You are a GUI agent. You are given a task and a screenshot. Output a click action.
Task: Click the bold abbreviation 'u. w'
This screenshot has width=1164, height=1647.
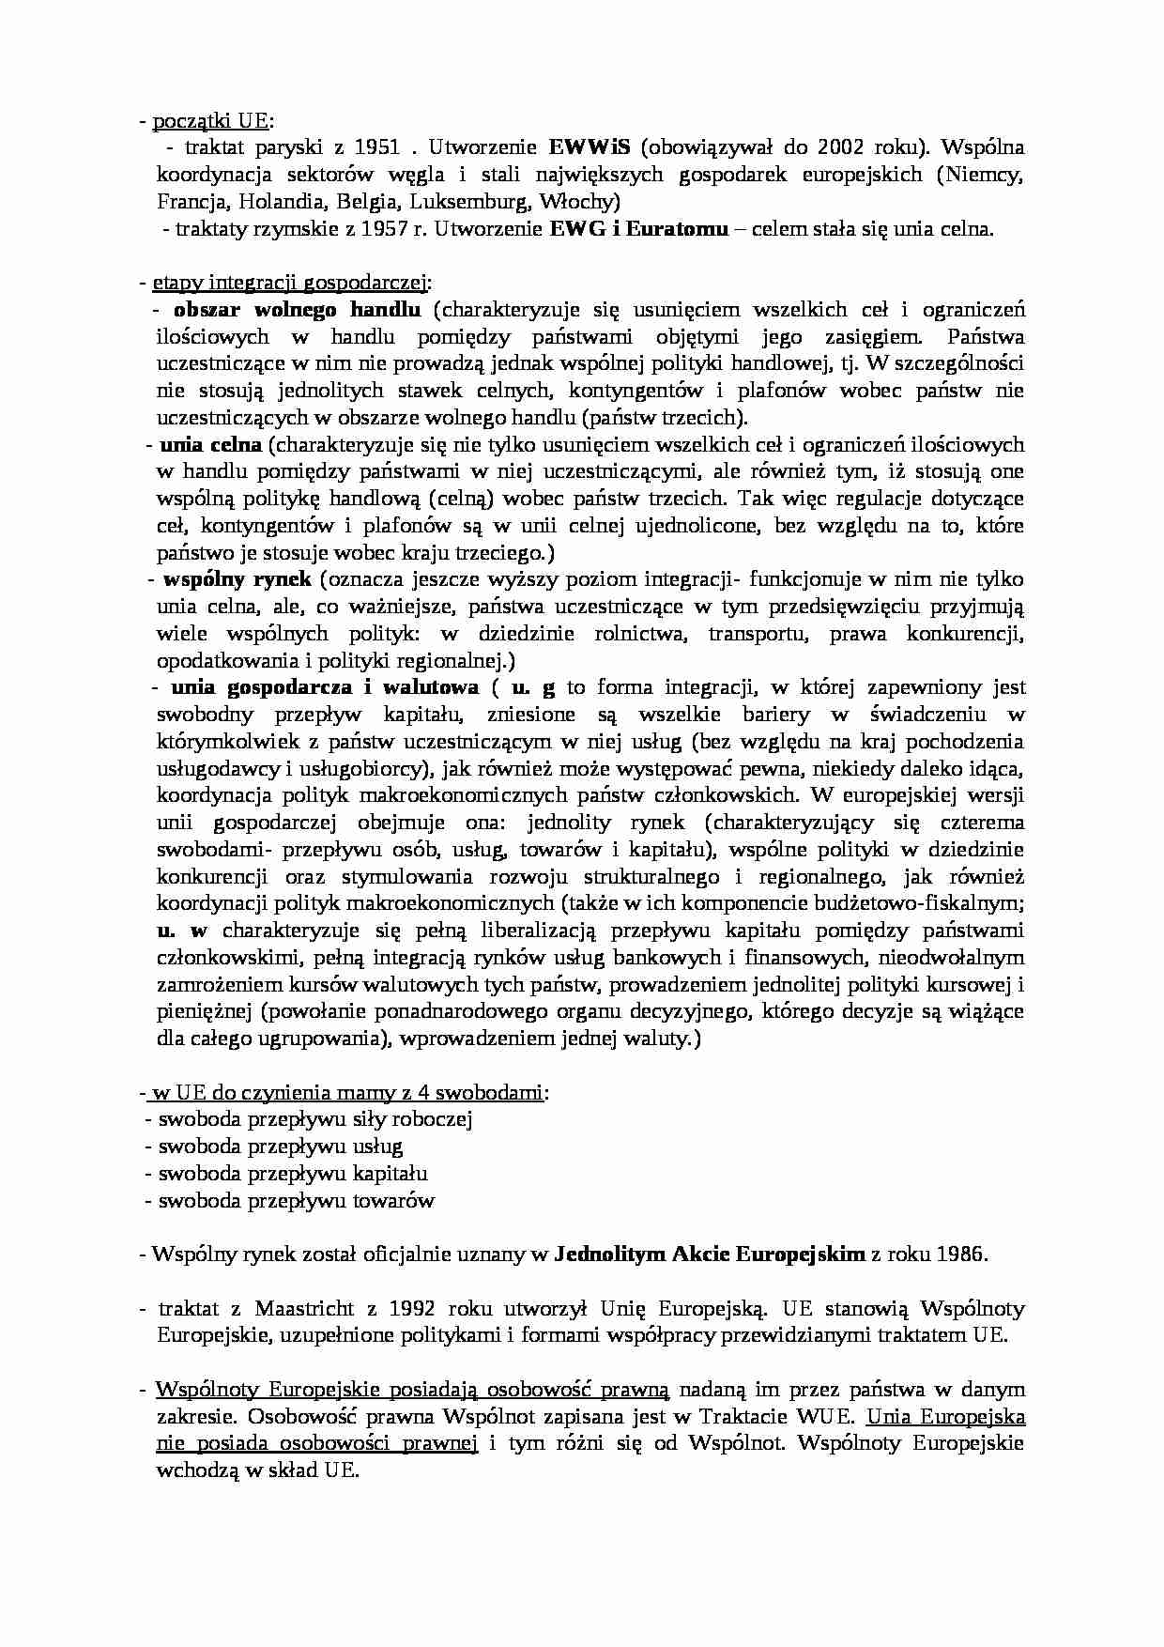point(181,931)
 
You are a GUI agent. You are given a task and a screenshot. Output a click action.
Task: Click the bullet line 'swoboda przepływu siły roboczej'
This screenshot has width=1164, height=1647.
point(314,1119)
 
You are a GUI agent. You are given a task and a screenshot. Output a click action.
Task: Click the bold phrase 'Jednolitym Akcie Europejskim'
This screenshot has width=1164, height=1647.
point(710,1254)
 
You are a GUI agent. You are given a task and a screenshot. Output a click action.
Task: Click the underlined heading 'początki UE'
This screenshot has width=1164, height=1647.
point(210,120)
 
